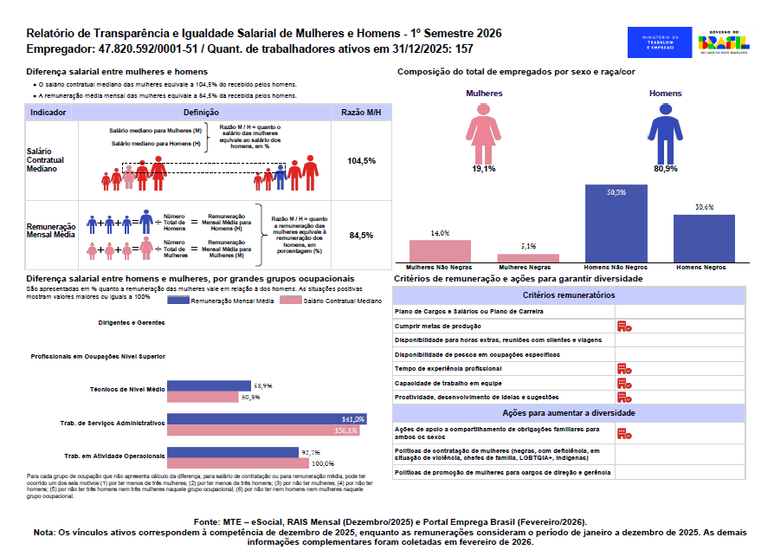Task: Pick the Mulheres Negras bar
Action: coord(528,257)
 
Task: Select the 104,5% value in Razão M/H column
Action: coord(361,161)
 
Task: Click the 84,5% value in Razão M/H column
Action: coord(361,235)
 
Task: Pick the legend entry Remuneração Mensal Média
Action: coord(232,300)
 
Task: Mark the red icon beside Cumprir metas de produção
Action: coord(623,326)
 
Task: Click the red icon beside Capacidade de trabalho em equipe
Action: coord(623,383)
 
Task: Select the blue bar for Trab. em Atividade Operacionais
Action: coord(234,452)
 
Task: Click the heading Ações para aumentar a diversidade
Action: coord(569,413)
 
